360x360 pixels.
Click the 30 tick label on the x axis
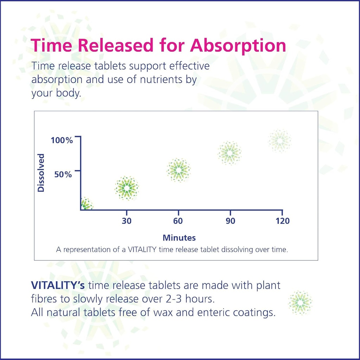tap(127, 221)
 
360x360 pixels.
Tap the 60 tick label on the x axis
tap(178, 221)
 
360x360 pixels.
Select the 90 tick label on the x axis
tap(230, 221)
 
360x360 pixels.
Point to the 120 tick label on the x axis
tap(282, 221)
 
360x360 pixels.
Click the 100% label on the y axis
tap(62, 141)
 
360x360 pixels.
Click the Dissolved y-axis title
tap(41, 173)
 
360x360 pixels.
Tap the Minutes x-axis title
tap(179, 238)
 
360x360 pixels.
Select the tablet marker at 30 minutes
tap(127, 188)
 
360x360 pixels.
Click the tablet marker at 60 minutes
tap(178, 170)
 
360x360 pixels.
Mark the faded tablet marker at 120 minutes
tap(280, 141)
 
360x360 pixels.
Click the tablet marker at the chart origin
tap(85, 204)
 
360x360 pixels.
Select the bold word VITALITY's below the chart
tap(58, 285)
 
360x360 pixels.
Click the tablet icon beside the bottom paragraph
tap(300, 302)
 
